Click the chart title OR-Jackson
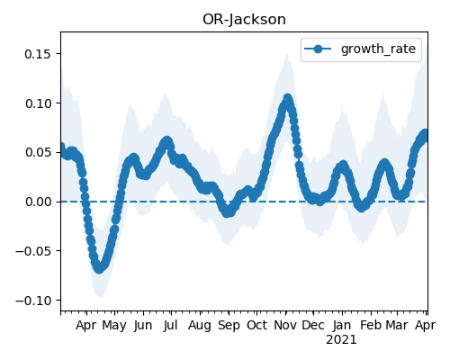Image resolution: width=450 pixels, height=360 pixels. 244,20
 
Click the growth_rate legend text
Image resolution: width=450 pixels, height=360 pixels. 378,49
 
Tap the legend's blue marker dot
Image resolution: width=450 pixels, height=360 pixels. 318,49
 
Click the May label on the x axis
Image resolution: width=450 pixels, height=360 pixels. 114,326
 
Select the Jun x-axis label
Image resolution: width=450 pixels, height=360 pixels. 143,326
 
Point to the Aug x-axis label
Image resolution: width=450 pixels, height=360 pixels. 200,326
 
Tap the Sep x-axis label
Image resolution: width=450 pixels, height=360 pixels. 229,326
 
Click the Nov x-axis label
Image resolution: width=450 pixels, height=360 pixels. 285,326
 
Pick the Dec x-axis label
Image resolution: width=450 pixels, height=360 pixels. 313,326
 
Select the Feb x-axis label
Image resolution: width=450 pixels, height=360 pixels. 371,326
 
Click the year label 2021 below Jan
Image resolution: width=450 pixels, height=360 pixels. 341,340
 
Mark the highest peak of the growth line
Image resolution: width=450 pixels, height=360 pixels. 288,98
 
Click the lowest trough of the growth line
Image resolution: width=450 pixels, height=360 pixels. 99,269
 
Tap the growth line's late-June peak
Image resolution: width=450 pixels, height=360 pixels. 167,140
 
